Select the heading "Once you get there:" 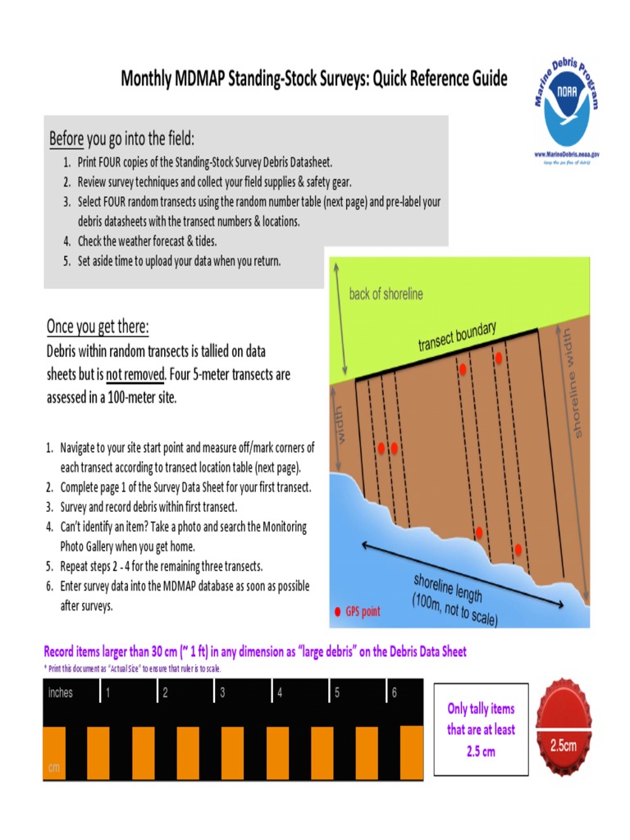(x=98, y=326)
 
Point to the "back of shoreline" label (x=386, y=294)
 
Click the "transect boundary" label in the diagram (x=457, y=337)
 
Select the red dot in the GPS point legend (x=337, y=611)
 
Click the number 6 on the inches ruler (x=395, y=693)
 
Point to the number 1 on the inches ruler (x=107, y=693)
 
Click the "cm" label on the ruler (x=54, y=768)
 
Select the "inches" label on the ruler (x=61, y=693)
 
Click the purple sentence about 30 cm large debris (x=254, y=652)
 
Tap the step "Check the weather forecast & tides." (x=147, y=241)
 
